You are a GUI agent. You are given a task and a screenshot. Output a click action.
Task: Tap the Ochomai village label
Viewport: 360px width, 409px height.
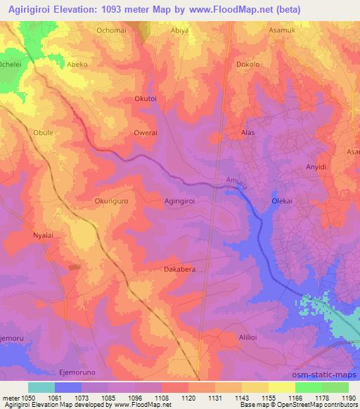point(112,32)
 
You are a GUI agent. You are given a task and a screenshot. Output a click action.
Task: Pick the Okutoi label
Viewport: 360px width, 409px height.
point(147,99)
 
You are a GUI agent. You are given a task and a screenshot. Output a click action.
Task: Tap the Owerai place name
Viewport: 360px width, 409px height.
point(146,132)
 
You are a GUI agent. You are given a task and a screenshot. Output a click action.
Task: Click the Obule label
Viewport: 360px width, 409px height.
point(43,131)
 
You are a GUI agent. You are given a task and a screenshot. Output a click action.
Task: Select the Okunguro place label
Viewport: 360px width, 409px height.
point(110,200)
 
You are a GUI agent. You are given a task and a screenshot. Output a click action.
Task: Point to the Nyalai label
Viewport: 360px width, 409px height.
point(44,235)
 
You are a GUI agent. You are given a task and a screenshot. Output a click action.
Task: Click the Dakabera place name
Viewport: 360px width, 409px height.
point(179,268)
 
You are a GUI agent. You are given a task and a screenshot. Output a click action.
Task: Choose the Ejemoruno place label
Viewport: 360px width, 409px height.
point(77,372)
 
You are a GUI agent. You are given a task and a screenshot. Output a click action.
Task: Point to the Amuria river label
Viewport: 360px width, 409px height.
point(237,183)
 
